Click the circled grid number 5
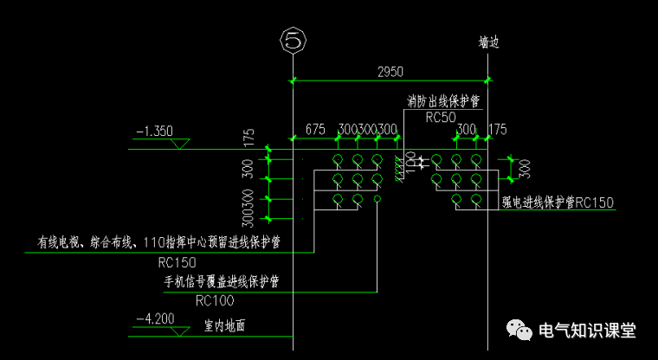click(x=294, y=40)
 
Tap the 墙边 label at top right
click(x=489, y=42)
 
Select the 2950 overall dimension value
click(x=390, y=71)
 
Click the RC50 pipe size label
click(x=441, y=117)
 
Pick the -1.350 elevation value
click(x=155, y=132)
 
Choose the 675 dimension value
click(x=315, y=130)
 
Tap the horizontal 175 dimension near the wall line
click(x=498, y=130)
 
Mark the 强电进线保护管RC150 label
click(x=558, y=202)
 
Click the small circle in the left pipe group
click(x=377, y=199)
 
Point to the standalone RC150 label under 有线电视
click(x=177, y=261)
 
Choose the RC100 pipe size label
click(x=216, y=300)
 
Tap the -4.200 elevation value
click(x=155, y=318)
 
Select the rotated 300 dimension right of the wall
click(x=525, y=167)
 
